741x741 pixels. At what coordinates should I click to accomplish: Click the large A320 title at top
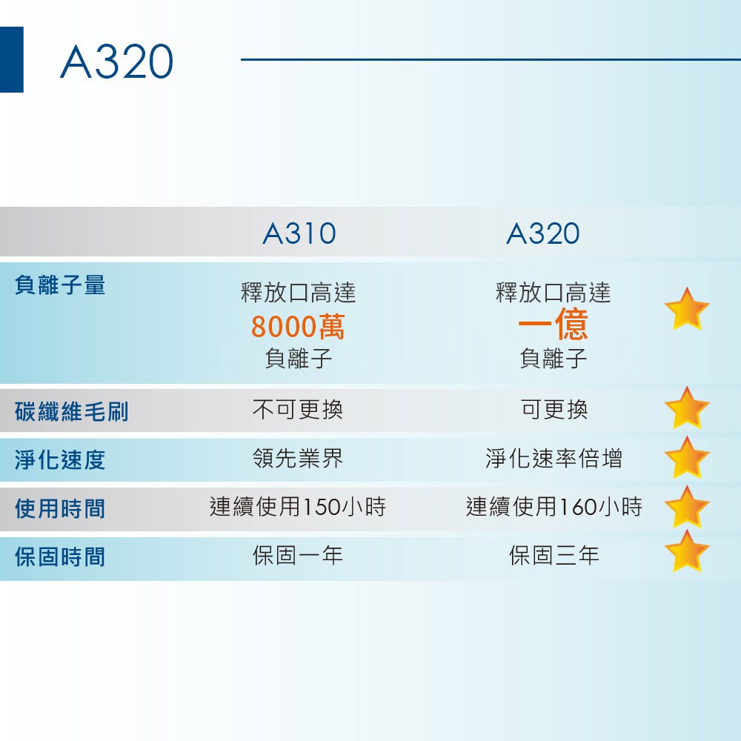[117, 62]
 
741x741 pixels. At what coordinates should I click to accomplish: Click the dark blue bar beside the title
[11, 59]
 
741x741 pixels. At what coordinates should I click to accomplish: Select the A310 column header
[299, 233]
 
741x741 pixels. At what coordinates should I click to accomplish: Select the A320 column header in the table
[543, 233]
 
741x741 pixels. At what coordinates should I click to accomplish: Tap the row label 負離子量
[60, 285]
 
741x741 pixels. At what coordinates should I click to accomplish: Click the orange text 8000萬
[298, 327]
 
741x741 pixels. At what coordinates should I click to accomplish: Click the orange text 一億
[553, 325]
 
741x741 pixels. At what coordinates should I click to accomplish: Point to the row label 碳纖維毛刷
[72, 411]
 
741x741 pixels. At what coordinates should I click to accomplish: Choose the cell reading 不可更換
[298, 409]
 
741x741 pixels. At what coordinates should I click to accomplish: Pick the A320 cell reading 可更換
[554, 409]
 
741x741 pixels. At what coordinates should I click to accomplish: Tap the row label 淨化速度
[60, 460]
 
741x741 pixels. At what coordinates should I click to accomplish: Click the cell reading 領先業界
[298, 458]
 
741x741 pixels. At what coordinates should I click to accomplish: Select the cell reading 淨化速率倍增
[554, 458]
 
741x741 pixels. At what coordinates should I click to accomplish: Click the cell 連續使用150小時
[298, 507]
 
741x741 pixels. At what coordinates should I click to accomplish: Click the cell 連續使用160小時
[554, 507]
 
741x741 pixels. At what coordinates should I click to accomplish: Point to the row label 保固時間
[60, 556]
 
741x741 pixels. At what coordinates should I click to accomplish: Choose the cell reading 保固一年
[298, 555]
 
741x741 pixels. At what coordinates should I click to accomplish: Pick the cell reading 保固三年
[554, 555]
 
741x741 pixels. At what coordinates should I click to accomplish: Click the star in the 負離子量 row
[687, 310]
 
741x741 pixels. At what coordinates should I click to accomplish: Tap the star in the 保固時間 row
[687, 552]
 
